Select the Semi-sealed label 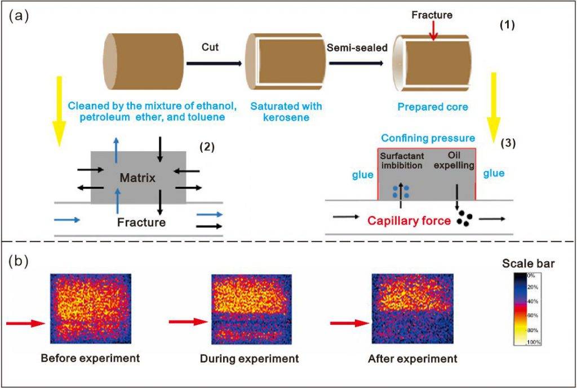click(357, 47)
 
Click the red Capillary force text click(409, 221)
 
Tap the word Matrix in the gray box click(137, 179)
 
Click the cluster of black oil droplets click(464, 218)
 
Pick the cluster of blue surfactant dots click(401, 191)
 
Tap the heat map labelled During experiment click(250, 308)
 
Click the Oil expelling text click(453, 160)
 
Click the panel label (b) click(19, 262)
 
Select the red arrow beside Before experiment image click(25, 323)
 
